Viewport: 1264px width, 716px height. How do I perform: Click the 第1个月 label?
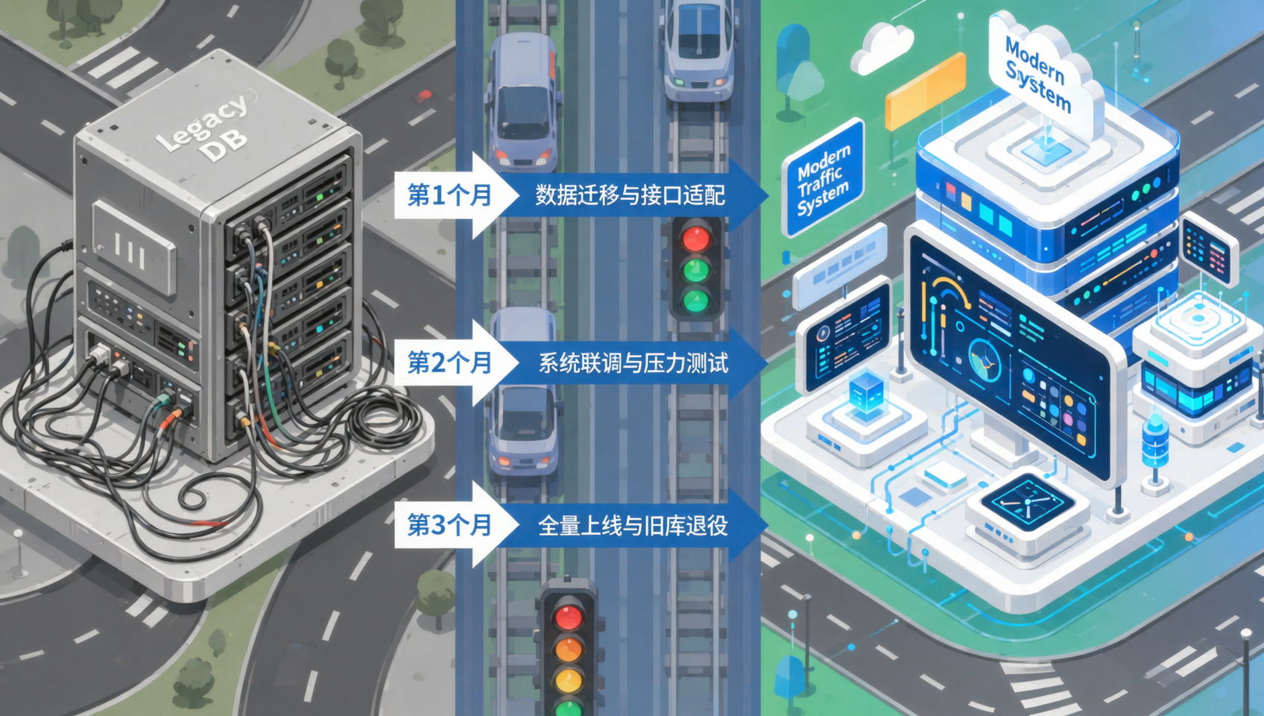[x=449, y=195]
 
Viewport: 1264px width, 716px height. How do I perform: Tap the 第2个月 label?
[x=449, y=362]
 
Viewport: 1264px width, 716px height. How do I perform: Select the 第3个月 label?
[x=449, y=525]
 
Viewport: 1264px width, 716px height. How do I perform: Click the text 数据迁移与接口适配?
[x=631, y=195]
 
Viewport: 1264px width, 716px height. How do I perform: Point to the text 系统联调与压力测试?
[x=633, y=362]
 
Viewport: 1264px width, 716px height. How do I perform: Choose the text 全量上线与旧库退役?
[x=633, y=526]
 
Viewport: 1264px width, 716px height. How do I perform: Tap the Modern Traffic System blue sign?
[x=824, y=178]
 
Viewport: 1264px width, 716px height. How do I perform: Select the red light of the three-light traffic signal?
[x=696, y=237]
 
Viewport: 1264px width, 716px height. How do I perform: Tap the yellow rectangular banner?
[x=926, y=91]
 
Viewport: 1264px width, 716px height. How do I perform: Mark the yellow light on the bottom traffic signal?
[x=568, y=679]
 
